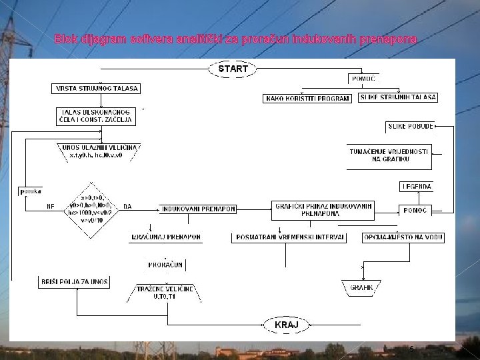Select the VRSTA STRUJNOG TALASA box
(96, 89)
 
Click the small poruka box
(29, 190)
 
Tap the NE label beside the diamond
(51, 207)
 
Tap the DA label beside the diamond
(127, 207)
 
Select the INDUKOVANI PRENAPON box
(198, 209)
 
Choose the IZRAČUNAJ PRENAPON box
(165, 237)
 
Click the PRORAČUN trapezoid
(165, 265)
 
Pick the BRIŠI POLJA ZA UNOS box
(73, 283)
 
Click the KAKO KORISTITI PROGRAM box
(308, 99)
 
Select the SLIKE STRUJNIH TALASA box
(398, 97)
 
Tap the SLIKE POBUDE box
(411, 126)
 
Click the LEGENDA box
(416, 186)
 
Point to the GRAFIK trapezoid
(366, 289)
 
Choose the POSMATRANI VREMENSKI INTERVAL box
(290, 237)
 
